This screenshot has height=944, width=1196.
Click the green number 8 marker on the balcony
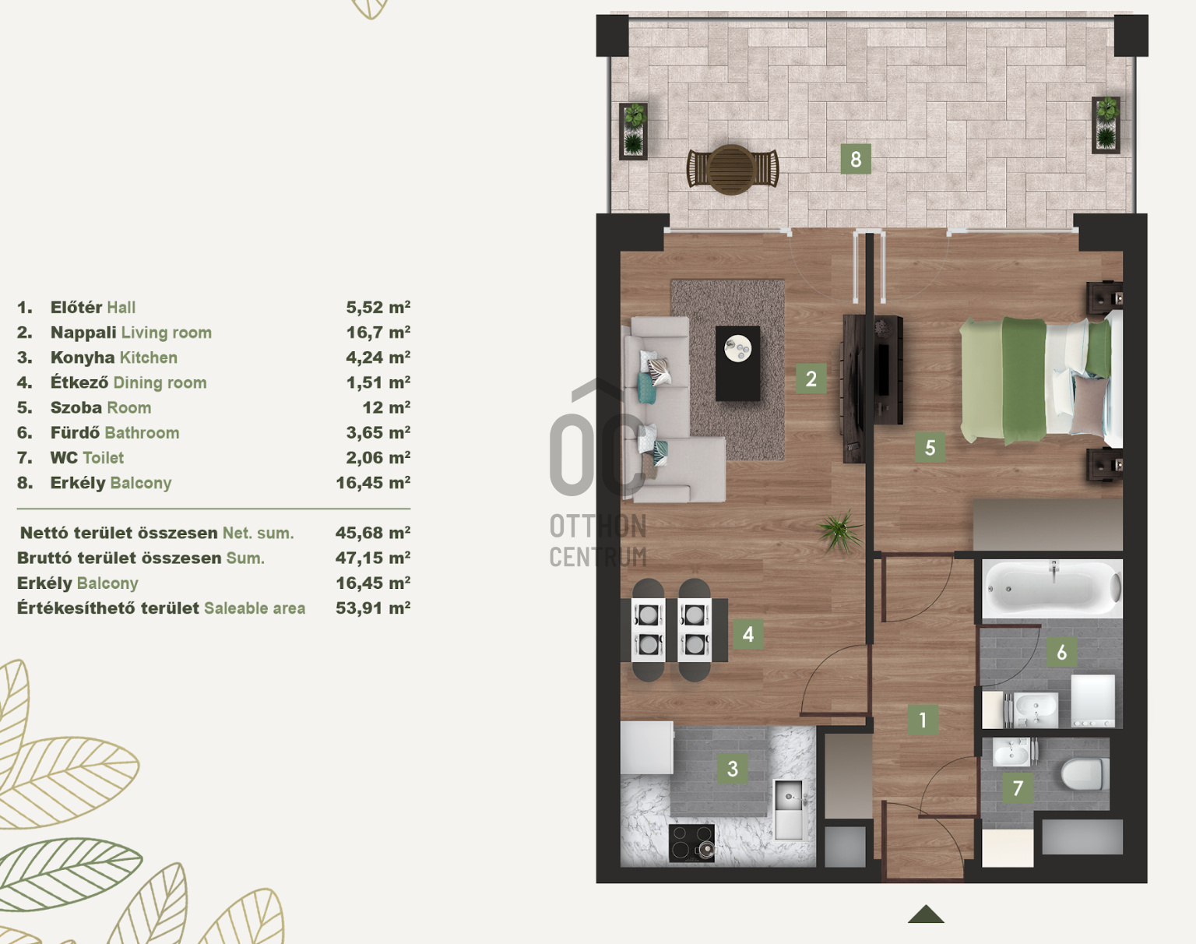pos(855,159)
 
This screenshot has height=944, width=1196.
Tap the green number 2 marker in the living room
pos(811,379)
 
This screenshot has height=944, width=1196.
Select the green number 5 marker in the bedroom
pos(930,448)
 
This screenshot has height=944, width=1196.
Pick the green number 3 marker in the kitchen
pos(733,768)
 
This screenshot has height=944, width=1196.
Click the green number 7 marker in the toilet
pos(1018,787)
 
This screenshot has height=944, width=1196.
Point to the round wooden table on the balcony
pos(733,169)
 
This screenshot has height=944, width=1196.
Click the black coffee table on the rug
pos(737,363)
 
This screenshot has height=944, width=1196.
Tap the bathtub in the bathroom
pos(1053,590)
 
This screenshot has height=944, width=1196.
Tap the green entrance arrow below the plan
pos(925,914)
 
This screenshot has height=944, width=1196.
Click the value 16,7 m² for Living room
pos(378,332)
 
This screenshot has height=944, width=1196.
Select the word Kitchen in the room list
pos(149,358)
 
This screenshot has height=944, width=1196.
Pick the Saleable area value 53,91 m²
pos(373,608)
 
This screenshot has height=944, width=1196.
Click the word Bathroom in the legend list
pos(142,432)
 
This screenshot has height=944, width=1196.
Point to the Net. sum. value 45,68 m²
pos(373,533)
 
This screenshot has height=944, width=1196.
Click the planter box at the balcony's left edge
pos(634,131)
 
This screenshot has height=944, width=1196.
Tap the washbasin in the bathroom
pos(1035,709)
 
